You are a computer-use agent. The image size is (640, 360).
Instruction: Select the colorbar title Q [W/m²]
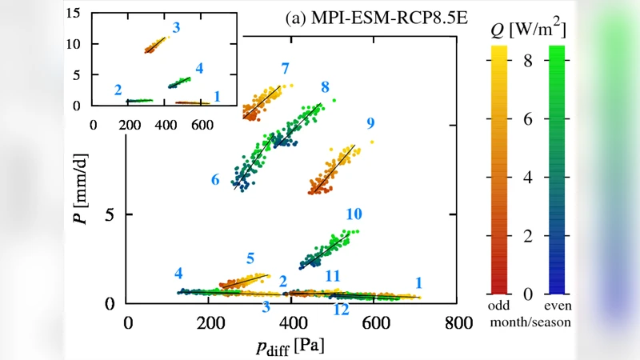pyautogui.click(x=528, y=31)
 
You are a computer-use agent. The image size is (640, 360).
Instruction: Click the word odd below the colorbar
pyautogui.click(x=499, y=308)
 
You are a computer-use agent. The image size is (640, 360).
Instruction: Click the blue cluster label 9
pyautogui.click(x=370, y=123)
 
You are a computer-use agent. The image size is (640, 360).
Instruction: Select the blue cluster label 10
pyautogui.click(x=354, y=214)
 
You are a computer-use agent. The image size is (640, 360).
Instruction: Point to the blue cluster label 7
pyautogui.click(x=285, y=68)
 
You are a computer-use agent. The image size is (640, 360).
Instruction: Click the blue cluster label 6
pyautogui.click(x=215, y=181)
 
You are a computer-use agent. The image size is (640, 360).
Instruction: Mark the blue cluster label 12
pyautogui.click(x=341, y=310)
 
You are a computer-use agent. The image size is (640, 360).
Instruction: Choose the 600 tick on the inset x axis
pyautogui.click(x=201, y=125)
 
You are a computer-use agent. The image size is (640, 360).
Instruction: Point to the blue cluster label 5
pyautogui.click(x=250, y=258)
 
